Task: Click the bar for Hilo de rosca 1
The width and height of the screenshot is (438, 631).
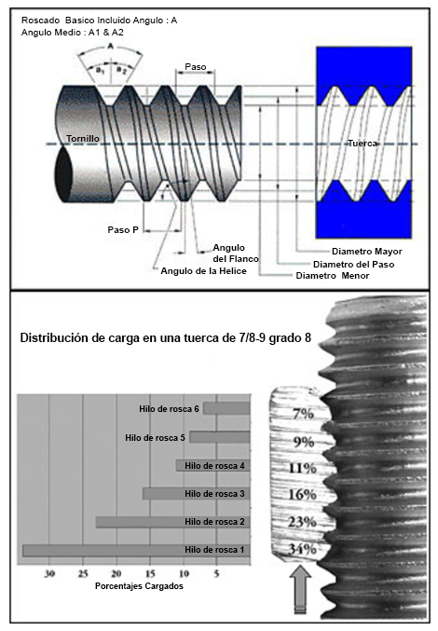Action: click(x=136, y=550)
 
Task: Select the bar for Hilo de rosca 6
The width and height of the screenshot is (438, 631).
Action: click(x=226, y=408)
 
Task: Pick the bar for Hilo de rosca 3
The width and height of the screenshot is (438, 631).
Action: click(x=197, y=493)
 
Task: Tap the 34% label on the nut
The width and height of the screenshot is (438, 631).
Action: click(x=302, y=549)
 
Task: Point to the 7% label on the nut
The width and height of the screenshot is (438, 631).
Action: click(x=303, y=413)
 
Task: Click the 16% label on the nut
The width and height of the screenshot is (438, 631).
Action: click(x=302, y=494)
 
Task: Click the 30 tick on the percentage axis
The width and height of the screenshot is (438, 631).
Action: click(x=49, y=573)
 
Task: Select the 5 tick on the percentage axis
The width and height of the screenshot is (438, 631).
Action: click(x=216, y=573)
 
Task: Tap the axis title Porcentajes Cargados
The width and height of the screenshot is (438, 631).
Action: click(x=139, y=586)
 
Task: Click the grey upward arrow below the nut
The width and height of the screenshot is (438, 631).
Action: click(x=300, y=589)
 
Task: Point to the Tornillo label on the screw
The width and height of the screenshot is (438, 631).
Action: click(x=83, y=139)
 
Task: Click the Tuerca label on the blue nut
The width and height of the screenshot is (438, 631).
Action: click(x=363, y=144)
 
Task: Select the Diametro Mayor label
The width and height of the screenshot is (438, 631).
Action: click(x=367, y=252)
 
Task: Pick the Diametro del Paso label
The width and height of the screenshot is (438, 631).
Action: click(x=353, y=265)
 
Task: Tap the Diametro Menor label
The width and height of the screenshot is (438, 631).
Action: click(x=332, y=276)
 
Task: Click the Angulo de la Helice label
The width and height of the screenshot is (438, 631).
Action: click(x=203, y=271)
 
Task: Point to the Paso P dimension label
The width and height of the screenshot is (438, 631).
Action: click(x=123, y=230)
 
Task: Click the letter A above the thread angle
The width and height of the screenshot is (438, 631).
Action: click(x=110, y=47)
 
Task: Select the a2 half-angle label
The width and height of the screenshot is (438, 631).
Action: click(x=121, y=70)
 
